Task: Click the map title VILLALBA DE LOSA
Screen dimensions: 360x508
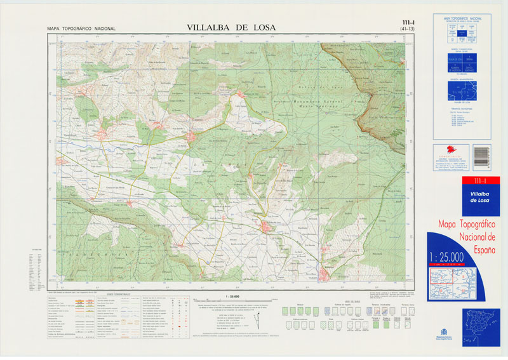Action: [x=231, y=27]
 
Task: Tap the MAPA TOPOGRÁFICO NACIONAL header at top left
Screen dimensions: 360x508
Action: [x=81, y=29]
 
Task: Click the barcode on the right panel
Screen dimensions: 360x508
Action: [x=482, y=156]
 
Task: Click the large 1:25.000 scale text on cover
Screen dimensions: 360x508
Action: [x=447, y=257]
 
